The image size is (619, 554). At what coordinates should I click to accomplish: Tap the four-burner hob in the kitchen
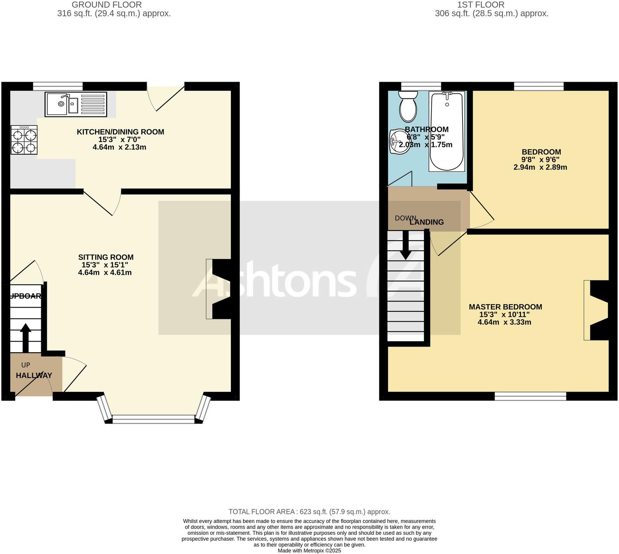24,140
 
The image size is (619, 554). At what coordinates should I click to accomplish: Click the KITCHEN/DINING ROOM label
120,132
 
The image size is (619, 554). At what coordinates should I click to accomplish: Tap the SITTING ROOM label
106,257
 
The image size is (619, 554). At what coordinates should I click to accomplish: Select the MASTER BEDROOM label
505,307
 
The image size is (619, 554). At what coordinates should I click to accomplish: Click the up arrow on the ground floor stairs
25,337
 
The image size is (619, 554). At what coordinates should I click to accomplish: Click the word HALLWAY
34,375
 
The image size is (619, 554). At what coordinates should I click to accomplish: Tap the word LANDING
427,222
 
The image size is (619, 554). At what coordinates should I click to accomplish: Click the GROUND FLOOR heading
107,5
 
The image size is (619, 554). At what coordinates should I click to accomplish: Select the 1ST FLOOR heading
481,5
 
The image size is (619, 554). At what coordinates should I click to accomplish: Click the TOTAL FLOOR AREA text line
309,512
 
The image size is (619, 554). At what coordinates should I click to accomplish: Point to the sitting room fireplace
219,289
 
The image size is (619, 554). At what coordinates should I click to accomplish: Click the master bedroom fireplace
597,310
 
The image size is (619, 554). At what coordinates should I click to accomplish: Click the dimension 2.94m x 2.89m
540,167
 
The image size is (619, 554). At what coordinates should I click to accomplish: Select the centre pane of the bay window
153,419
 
